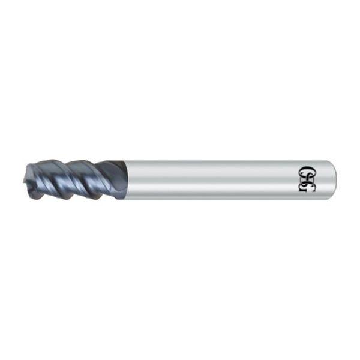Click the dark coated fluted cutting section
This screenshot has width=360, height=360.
pos(72,178)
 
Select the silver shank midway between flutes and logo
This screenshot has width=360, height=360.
pos(210,178)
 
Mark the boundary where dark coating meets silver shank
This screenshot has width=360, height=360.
pos(125,179)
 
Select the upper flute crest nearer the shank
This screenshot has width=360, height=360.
pos(81,161)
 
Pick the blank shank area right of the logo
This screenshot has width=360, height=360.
pos(321,178)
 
